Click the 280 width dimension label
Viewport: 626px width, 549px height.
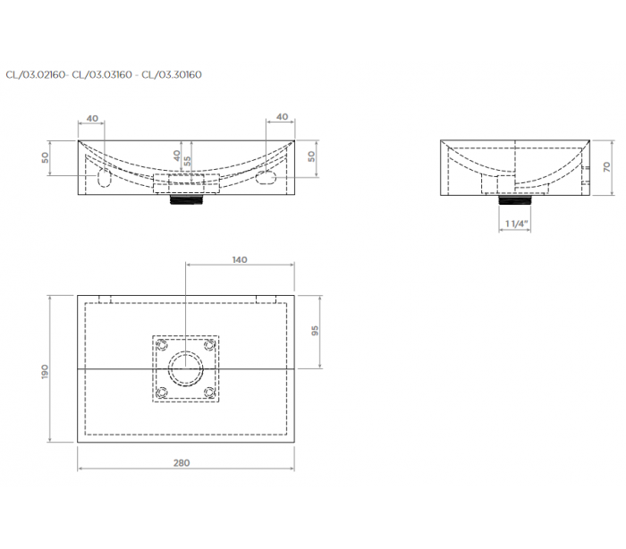pos(182,463)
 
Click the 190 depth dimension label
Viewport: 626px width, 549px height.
pos(45,372)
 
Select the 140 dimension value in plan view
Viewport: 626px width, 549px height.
pos(240,259)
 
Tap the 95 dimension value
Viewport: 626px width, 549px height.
pos(315,331)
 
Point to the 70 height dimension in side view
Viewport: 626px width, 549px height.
pos(607,166)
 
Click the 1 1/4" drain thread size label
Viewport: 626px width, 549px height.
pos(517,224)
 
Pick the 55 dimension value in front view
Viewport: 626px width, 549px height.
pos(187,161)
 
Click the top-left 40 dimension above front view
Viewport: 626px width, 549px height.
pos(92,119)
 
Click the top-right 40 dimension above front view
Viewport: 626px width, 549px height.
pos(283,117)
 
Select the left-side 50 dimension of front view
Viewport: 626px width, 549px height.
pos(46,157)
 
